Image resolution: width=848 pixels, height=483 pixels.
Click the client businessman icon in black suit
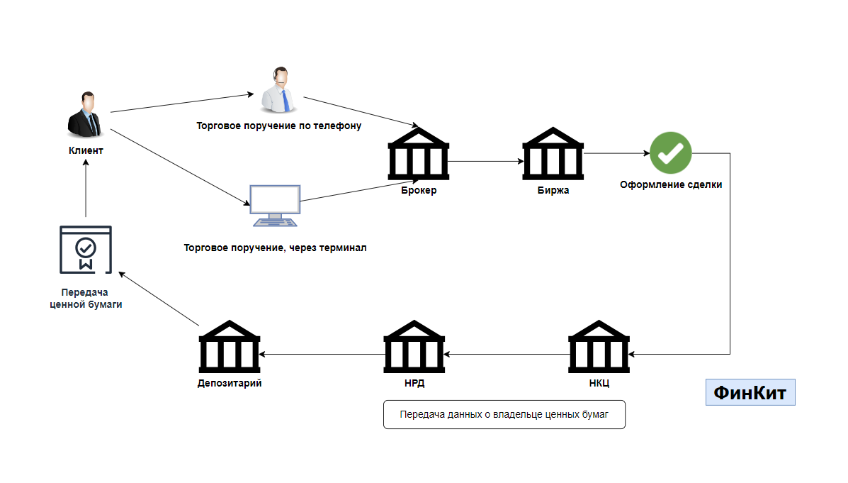85,114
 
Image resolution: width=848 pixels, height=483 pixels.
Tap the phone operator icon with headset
279,90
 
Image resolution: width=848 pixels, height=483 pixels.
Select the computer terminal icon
275,206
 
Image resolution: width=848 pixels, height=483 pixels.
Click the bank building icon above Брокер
419,154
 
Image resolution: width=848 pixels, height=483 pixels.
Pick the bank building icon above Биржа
553,154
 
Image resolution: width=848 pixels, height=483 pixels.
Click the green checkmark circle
671,152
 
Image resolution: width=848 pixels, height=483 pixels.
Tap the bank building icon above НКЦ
599,347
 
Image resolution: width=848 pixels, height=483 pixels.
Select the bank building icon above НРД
414,347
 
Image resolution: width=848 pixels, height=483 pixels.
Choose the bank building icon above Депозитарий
230,347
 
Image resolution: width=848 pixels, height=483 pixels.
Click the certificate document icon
86,250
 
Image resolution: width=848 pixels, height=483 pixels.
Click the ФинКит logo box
750,392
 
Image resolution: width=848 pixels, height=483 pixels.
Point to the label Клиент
86,150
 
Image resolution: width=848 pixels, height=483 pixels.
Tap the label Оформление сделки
671,184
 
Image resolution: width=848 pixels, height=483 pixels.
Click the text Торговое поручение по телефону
278,126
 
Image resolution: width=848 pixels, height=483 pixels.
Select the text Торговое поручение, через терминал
276,248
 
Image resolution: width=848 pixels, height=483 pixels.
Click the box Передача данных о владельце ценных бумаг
504,415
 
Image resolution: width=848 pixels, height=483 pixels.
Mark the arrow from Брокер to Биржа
486,162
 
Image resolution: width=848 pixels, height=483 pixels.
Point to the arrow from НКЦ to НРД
507,355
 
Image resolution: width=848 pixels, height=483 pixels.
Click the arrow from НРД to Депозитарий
322,355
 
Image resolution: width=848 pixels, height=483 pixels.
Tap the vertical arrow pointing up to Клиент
86,188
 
